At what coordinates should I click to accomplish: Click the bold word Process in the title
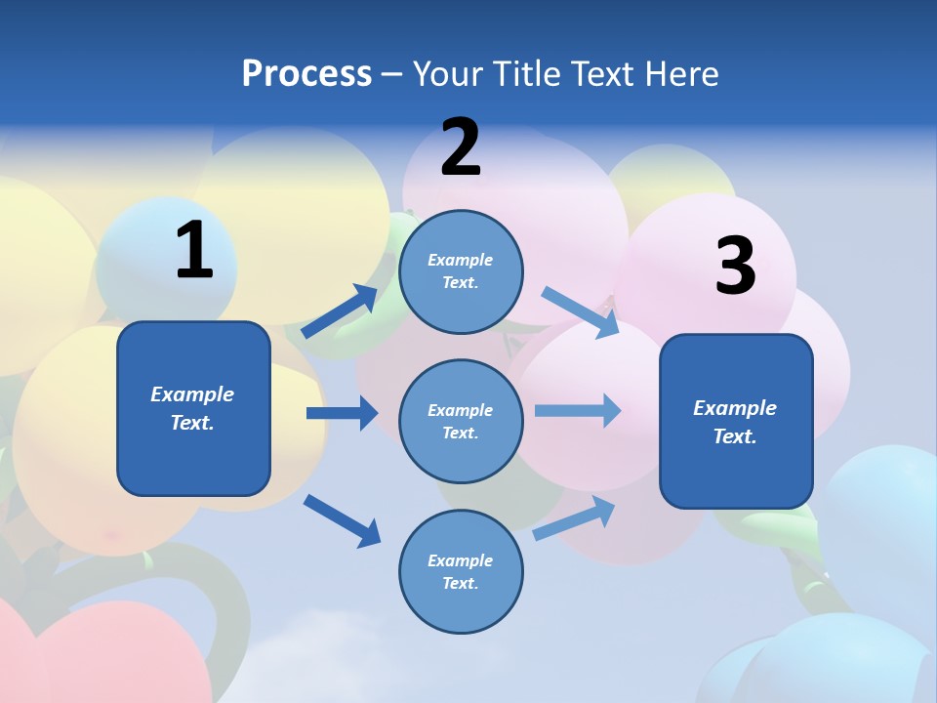[x=306, y=73]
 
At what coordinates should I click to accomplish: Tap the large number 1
[x=194, y=251]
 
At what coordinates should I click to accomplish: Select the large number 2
[x=461, y=147]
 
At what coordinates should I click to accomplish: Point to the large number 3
[x=735, y=267]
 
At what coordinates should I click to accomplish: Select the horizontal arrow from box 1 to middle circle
[x=342, y=413]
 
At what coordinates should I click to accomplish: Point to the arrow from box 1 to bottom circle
[x=342, y=520]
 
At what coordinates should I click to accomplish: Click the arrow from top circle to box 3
[x=580, y=311]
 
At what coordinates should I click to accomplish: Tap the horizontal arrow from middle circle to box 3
[x=577, y=410]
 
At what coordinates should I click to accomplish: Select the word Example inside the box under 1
[x=192, y=394]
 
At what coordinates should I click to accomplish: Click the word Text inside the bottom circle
[x=459, y=583]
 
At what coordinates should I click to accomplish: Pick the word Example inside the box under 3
[x=735, y=408]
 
